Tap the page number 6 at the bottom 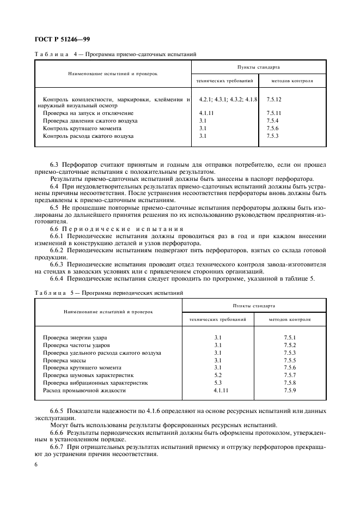[x=36, y=464]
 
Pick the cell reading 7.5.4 [x=273, y=120]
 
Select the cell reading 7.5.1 [x=290, y=338]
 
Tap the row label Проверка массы [x=64, y=360]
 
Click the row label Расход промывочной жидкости [x=84, y=391]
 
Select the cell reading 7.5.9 [x=290, y=391]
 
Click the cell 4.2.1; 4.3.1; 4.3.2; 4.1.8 [x=228, y=100]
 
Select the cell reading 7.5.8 [x=290, y=383]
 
